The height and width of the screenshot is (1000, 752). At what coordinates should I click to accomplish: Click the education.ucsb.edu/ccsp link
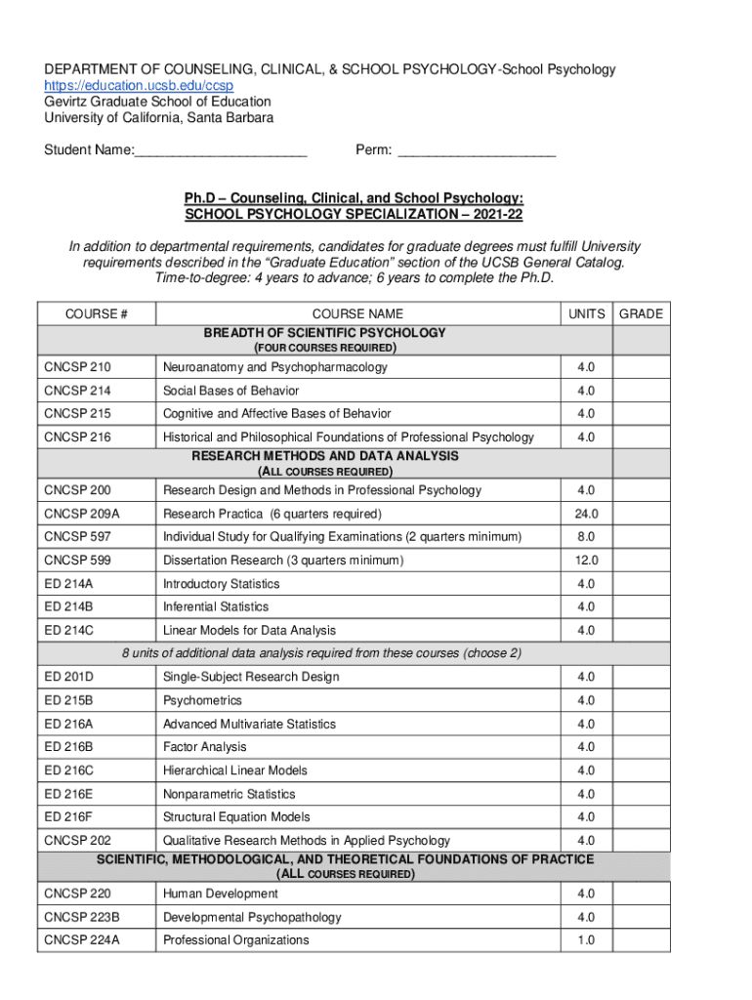tap(139, 85)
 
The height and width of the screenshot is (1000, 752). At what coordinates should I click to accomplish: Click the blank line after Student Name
tap(221, 151)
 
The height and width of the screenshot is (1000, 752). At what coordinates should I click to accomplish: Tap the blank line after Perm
tap(478, 151)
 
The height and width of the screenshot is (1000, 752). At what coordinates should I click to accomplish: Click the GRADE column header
tap(641, 313)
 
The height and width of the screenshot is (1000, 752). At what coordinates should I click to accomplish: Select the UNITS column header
tap(586, 313)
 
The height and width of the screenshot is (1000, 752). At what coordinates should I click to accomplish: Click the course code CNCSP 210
tap(77, 367)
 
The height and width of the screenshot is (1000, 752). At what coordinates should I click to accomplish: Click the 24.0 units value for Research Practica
tap(586, 514)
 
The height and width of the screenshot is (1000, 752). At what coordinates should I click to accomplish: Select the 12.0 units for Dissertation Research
tap(586, 561)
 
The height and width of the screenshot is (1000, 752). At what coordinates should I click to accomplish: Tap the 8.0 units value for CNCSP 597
tap(586, 537)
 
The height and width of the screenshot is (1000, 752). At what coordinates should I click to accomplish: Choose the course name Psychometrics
tap(203, 700)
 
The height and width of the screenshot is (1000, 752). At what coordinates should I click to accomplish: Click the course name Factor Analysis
tap(205, 747)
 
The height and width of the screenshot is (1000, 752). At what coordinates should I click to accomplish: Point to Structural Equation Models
tap(236, 816)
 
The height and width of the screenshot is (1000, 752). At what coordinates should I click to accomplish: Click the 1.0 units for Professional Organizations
tap(586, 940)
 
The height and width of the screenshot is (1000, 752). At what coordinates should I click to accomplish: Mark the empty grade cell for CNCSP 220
tap(641, 894)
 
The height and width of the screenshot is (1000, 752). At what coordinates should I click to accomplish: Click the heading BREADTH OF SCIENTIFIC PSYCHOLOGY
tap(324, 333)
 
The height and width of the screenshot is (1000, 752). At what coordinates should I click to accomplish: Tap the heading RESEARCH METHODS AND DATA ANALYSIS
tap(324, 456)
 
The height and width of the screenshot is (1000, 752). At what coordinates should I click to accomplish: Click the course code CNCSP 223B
tap(82, 917)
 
